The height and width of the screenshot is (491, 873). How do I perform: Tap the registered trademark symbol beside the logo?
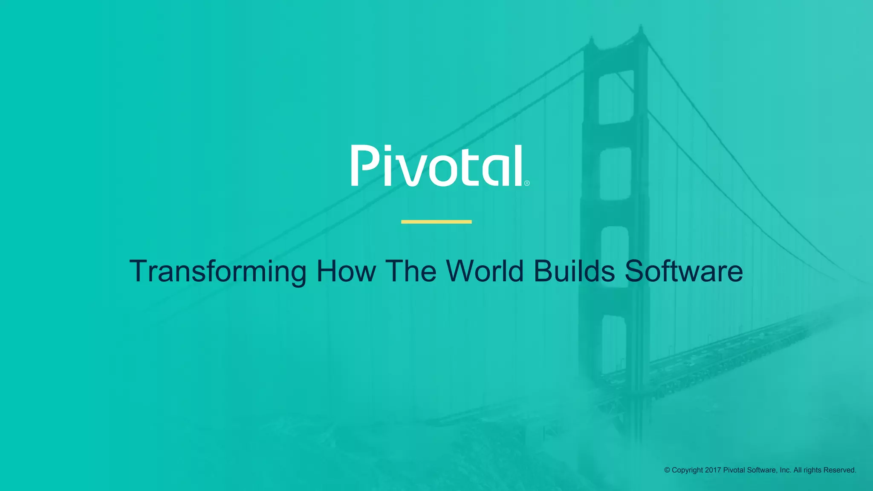tap(527, 183)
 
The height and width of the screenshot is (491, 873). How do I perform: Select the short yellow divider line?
tap(436, 222)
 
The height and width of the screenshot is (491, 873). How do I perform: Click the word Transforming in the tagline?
tap(217, 271)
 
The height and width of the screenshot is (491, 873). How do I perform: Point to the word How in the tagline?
tap(346, 271)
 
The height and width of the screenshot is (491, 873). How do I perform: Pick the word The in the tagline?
tap(411, 271)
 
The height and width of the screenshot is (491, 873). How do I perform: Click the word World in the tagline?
tap(485, 271)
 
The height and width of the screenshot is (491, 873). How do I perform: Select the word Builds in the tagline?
tap(574, 271)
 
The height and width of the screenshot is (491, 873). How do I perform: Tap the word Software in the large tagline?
tap(684, 271)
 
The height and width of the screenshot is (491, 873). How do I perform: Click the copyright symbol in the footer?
tap(667, 470)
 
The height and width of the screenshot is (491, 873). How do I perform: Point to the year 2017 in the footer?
tap(713, 470)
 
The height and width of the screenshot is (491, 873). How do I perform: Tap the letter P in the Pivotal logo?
tap(364, 165)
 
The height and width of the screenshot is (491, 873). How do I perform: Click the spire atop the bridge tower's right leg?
tap(640, 30)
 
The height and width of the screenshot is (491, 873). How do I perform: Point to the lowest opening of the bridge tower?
tap(614, 345)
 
